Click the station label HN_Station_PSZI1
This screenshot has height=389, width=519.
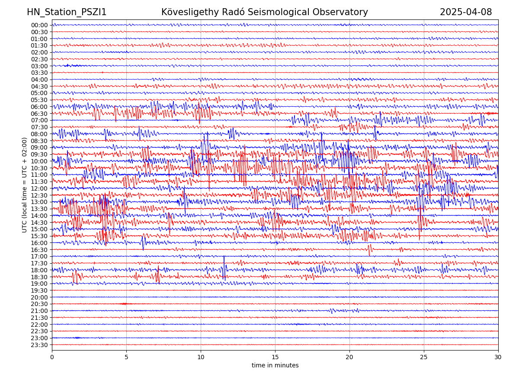tap(67, 12)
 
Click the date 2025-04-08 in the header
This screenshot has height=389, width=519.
tap(466, 12)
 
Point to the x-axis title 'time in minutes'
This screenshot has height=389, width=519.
tap(275, 365)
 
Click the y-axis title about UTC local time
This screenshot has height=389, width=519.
tap(25, 185)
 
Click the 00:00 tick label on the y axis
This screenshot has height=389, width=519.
tap(39, 25)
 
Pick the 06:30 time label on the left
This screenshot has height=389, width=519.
tap(39, 114)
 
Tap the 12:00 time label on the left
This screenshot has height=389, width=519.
tap(39, 188)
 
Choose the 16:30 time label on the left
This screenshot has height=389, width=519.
tap(39, 250)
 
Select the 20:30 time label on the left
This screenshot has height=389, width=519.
tap(39, 304)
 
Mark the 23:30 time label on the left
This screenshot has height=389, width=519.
tap(39, 345)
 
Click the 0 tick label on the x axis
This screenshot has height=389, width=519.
tap(52, 357)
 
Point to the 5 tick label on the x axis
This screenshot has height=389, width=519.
tap(126, 357)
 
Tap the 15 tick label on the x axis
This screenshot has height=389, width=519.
tap(275, 357)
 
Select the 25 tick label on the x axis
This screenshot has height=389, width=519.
tap(424, 357)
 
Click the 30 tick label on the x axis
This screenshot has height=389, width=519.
tap(498, 357)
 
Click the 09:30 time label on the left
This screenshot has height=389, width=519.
tap(39, 154)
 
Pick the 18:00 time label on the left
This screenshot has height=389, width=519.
tap(39, 270)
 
